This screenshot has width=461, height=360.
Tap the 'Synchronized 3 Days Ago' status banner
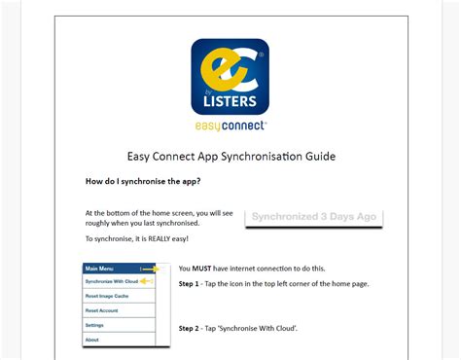pos(313,217)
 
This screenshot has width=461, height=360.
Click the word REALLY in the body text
pos(160,238)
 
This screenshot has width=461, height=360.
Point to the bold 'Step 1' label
pos(190,283)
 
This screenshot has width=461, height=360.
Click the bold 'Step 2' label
pos(190,329)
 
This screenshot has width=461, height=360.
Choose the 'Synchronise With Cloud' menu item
pos(111,281)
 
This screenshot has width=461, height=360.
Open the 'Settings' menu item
pos(94,325)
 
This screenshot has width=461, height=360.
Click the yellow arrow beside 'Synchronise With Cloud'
pos(149,281)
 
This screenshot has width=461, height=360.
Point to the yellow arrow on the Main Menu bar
pos(149,268)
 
